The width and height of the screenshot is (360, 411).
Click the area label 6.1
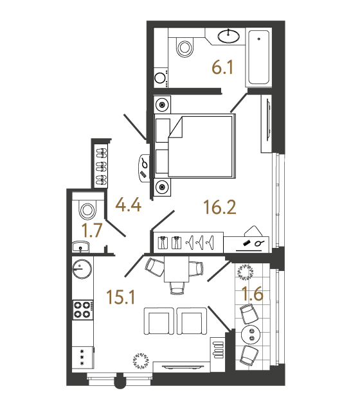pyautogui.click(x=222, y=67)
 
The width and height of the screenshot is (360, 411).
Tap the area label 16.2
pyautogui.click(x=220, y=207)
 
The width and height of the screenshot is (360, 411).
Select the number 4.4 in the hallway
pyautogui.click(x=129, y=205)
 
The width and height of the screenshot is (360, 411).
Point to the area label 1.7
pyautogui.click(x=92, y=231)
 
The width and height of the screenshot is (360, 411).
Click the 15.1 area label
pyautogui.click(x=121, y=297)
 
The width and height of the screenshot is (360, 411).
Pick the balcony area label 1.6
pyautogui.click(x=253, y=293)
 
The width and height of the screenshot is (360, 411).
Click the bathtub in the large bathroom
pyautogui.click(x=258, y=57)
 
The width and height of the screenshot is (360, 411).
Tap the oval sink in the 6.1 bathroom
pyautogui.click(x=229, y=36)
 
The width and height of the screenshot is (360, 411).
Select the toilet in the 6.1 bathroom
pyautogui.click(x=185, y=47)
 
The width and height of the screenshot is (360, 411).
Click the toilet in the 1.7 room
pyautogui.click(x=87, y=209)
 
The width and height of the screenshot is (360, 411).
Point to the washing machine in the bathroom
pyautogui.click(x=161, y=78)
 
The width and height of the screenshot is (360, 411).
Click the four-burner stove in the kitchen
pyautogui.click(x=83, y=310)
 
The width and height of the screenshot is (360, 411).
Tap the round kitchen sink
pyautogui.click(x=82, y=268)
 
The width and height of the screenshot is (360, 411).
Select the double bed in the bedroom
pyautogui.click(x=195, y=146)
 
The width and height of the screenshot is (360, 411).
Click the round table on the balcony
pyautogui.click(x=251, y=334)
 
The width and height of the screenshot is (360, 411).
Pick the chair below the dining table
pyautogui.click(x=177, y=288)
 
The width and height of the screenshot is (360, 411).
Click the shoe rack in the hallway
pyautogui.click(x=102, y=166)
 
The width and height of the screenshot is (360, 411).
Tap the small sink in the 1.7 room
pyautogui.click(x=80, y=247)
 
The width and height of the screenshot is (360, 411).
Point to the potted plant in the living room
pyautogui.click(x=141, y=361)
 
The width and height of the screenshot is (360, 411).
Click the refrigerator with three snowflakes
pyautogui.click(x=83, y=357)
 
